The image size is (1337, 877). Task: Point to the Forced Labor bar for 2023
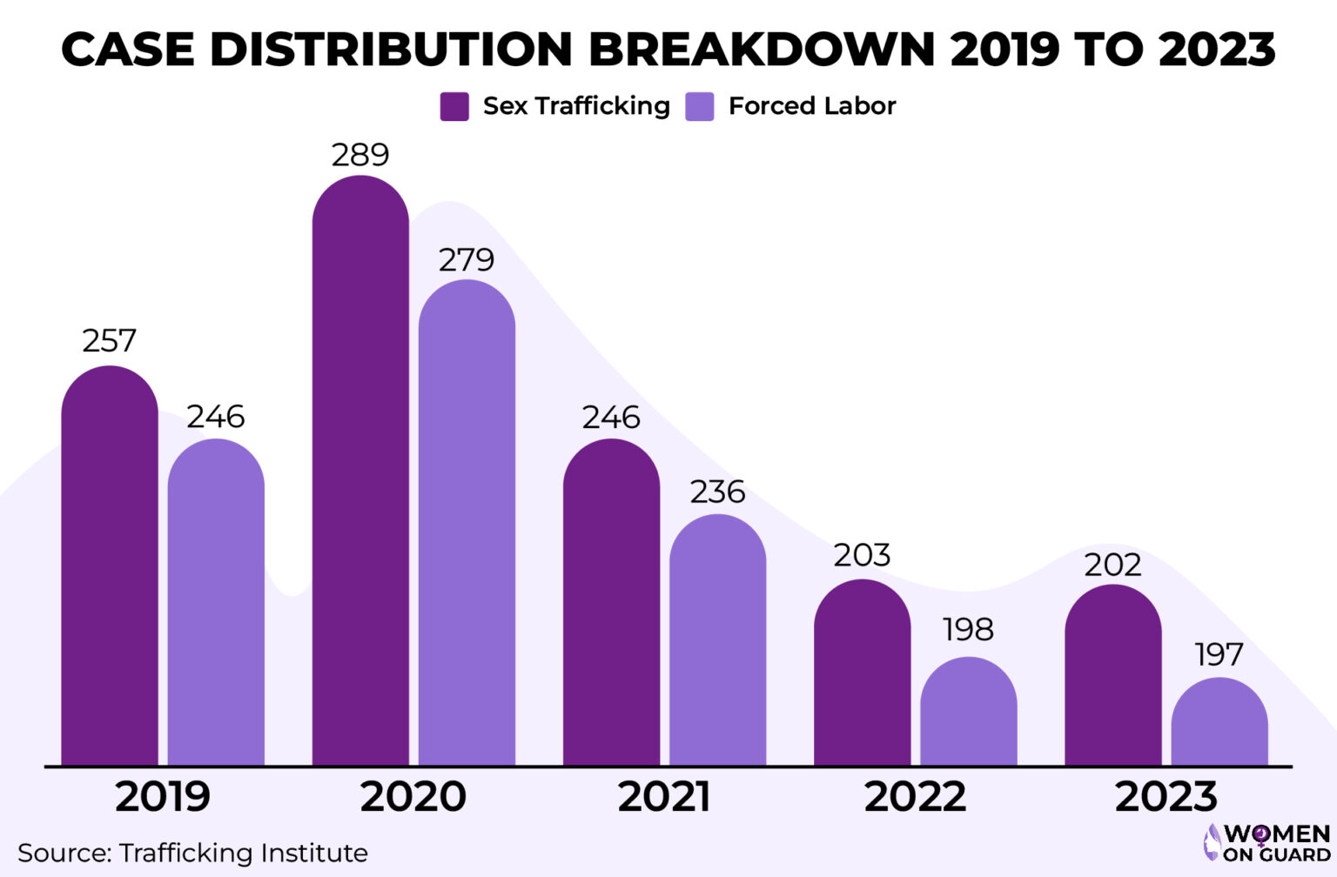coord(1219,721)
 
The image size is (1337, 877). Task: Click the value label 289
coord(360,155)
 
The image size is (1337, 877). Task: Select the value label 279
coord(467,259)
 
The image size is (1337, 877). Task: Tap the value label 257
coord(110,340)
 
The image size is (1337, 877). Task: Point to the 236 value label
coord(717,492)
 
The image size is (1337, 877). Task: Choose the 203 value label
coord(862,555)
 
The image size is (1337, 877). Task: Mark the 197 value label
coord(1219,654)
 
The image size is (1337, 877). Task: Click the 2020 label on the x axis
coord(413,797)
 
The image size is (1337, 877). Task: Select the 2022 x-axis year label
coord(915,797)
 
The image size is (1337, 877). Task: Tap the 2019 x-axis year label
coord(163,797)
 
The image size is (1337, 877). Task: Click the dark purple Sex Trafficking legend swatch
coord(454,106)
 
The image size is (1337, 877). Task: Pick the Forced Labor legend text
coord(811,106)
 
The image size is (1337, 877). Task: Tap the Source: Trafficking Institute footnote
coord(192,853)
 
